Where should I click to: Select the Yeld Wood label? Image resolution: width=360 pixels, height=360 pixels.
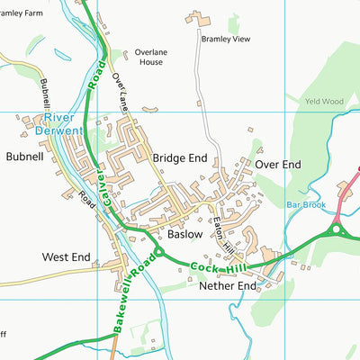point(323,103)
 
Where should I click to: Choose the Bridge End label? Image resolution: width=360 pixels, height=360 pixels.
point(180,157)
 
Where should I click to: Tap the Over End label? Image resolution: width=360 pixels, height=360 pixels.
point(277,165)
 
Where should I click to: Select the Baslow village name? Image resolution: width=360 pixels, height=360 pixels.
point(185,234)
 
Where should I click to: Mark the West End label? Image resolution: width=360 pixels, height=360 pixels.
point(67,257)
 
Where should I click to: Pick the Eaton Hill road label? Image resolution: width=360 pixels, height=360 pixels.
point(221,229)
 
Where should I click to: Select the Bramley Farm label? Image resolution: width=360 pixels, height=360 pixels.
point(22,14)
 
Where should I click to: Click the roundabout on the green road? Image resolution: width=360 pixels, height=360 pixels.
point(339,230)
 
